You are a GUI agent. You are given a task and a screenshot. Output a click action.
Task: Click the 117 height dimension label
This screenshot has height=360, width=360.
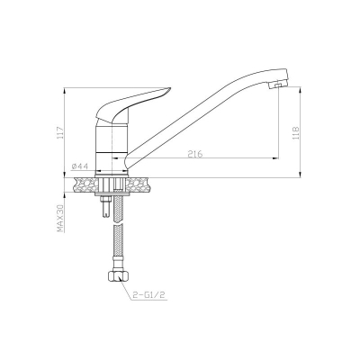(x=60, y=132)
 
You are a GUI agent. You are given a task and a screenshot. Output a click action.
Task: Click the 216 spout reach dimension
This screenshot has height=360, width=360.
(x=195, y=154)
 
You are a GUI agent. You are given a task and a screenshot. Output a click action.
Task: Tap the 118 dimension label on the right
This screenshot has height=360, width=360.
(x=296, y=133)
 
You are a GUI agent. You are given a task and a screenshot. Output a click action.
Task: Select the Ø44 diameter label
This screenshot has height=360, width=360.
(x=80, y=166)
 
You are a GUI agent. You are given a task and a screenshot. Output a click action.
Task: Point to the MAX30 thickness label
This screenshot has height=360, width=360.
(x=60, y=219)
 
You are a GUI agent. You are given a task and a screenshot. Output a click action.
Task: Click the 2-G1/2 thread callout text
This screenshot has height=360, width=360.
(x=148, y=295)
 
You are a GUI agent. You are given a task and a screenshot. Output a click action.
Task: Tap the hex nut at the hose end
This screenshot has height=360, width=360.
(x=119, y=275)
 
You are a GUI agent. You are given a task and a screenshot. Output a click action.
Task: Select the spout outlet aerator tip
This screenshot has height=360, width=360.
(x=277, y=85)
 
